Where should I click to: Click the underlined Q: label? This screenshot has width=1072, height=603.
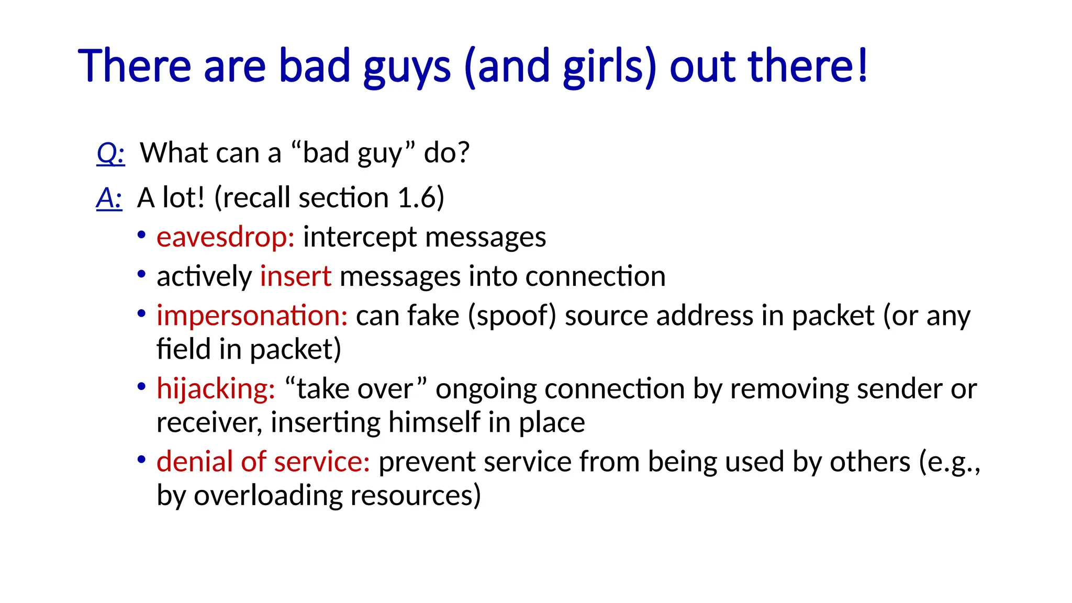pos(111,153)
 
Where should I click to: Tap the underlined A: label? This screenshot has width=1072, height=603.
pos(109,198)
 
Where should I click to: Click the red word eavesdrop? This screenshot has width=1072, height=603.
pos(225,237)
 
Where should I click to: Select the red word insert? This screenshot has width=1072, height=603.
pos(295,276)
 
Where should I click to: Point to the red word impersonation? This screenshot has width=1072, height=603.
pos(252,316)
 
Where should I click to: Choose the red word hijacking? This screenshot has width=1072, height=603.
pos(216,389)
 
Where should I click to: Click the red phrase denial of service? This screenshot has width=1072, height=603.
pos(263,462)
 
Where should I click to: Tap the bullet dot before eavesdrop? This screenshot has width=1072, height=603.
pos(141,235)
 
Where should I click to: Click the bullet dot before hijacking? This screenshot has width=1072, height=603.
pos(141,387)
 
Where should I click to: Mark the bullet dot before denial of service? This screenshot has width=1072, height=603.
pos(141,460)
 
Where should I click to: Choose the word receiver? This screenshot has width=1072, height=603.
pos(209,422)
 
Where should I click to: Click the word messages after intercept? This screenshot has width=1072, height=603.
pos(485,237)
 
